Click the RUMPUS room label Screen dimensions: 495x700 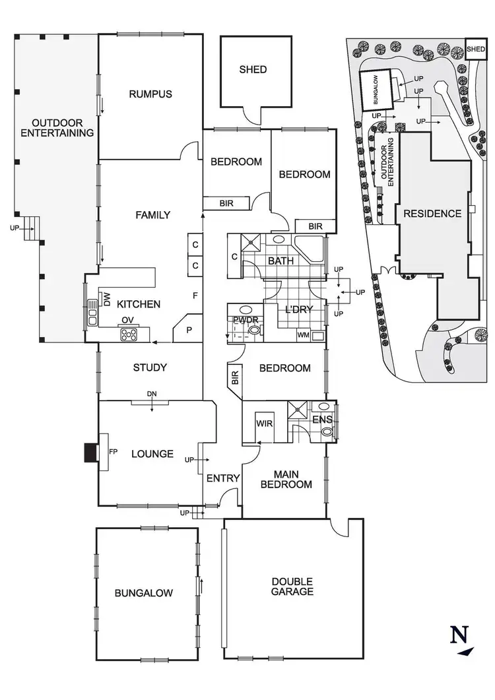[150, 94]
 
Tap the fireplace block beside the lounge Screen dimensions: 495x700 [90, 453]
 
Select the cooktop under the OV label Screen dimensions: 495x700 [129, 334]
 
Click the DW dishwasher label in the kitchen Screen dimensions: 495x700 [107, 299]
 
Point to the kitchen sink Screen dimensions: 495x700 [92, 312]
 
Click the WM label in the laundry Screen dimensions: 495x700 [304, 335]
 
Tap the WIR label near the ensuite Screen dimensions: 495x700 [265, 423]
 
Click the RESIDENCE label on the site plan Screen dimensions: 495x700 [432, 214]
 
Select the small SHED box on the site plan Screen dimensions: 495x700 [476, 48]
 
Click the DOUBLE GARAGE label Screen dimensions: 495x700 [292, 587]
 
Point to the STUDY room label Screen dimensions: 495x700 [150, 368]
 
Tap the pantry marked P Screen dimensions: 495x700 [187, 329]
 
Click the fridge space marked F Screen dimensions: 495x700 [195, 296]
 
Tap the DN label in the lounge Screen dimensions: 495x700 [152, 394]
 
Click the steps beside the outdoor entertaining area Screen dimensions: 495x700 [31, 228]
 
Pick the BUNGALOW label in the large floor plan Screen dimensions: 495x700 [144, 593]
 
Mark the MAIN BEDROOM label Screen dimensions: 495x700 [286, 480]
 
